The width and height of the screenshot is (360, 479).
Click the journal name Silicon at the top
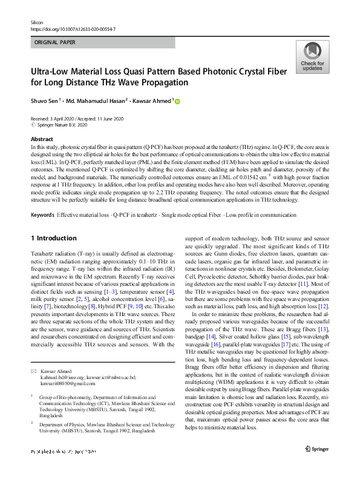pyautogui.click(x=38, y=21)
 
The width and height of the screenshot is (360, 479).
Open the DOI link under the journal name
pyautogui.click(x=73, y=28)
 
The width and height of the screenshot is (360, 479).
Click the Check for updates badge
pyautogui.click(x=312, y=58)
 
